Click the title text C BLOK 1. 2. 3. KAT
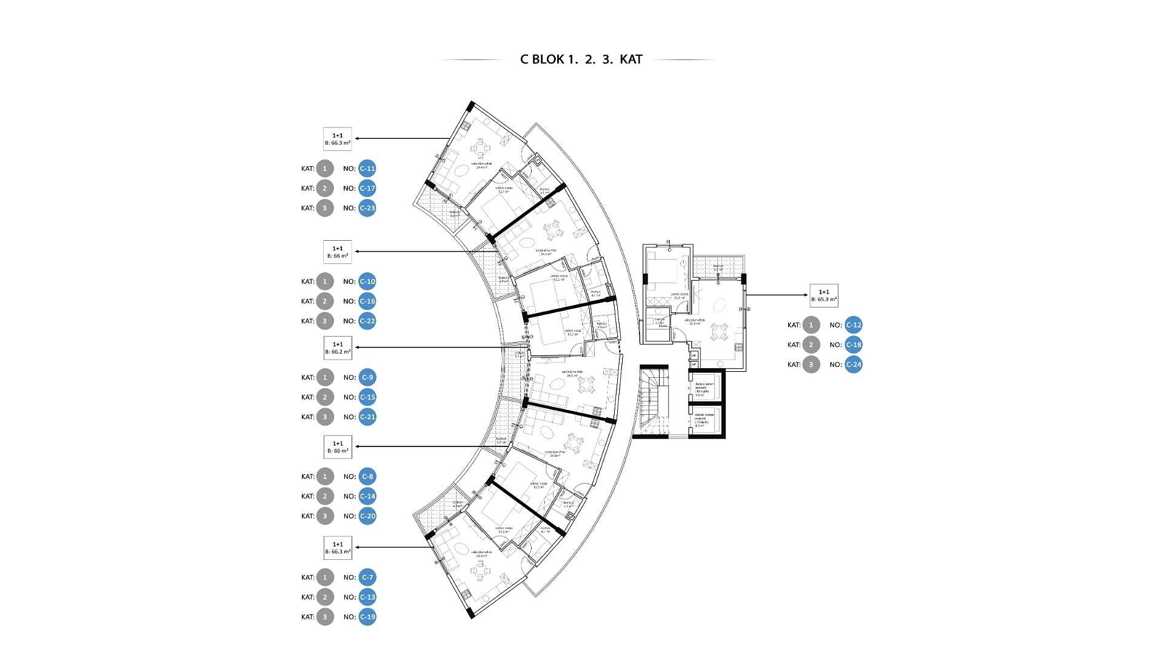(x=581, y=59)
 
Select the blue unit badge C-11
(x=367, y=169)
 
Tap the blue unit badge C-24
(x=853, y=364)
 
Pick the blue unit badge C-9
(x=367, y=377)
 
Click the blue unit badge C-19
(x=367, y=617)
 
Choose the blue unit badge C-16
(x=367, y=301)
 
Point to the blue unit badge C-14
(x=367, y=496)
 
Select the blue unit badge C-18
(x=853, y=344)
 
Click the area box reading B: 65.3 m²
(x=824, y=295)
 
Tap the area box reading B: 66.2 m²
(x=338, y=348)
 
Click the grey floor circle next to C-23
(x=325, y=208)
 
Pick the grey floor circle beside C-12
(x=811, y=325)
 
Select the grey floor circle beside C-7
(x=325, y=577)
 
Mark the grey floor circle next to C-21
(x=325, y=417)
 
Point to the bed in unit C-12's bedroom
(x=665, y=270)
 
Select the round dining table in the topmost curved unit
(x=480, y=147)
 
